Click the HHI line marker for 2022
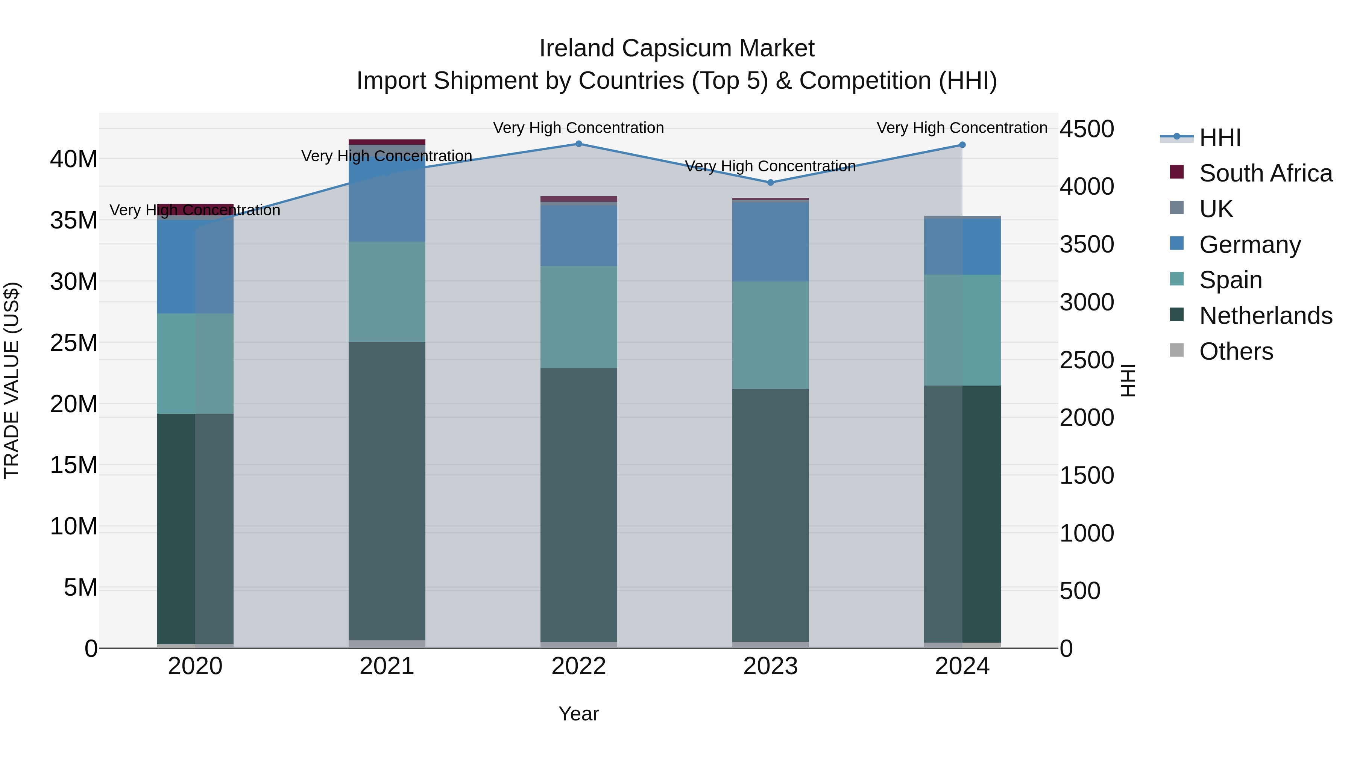click(x=579, y=144)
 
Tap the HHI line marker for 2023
click(x=771, y=183)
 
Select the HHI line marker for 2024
click(x=962, y=145)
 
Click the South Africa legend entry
click(x=1265, y=173)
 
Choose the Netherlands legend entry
click(x=1265, y=316)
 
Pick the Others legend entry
click(x=1236, y=351)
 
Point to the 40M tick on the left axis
click(x=74, y=159)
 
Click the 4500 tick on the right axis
click(x=1087, y=129)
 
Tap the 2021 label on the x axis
click(x=387, y=666)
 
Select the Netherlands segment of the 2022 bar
click(x=579, y=504)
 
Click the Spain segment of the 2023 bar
click(x=771, y=335)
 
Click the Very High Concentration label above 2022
click(x=579, y=128)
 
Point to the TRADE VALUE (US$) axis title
click(x=12, y=380)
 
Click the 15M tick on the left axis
click(x=74, y=465)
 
